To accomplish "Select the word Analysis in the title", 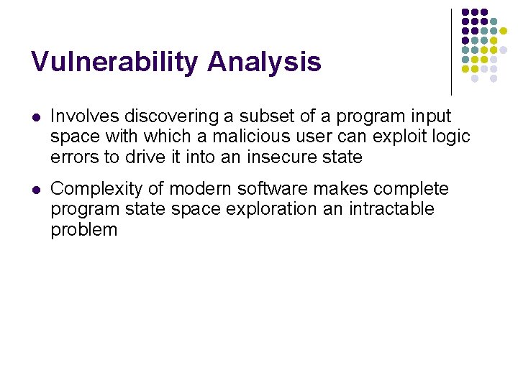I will coord(264,63).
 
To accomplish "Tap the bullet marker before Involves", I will coord(35,117).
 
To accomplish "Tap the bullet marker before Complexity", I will coord(35,190).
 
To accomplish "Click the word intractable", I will coord(393,209).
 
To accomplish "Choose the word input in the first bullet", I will coord(430,116).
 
